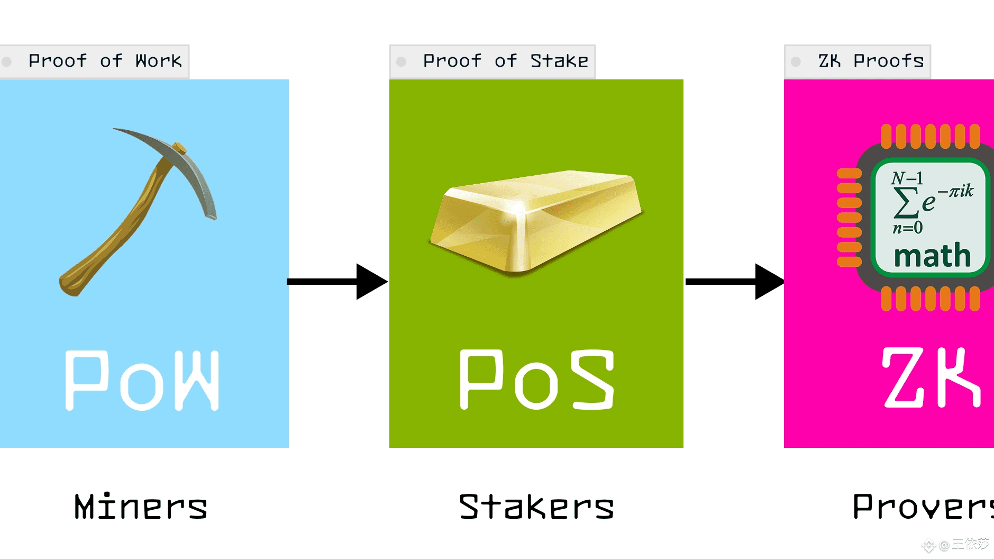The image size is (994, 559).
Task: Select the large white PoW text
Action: (x=142, y=380)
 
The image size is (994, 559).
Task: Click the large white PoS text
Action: (x=537, y=380)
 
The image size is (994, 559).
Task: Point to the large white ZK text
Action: (x=931, y=377)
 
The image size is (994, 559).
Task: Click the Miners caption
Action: (x=141, y=507)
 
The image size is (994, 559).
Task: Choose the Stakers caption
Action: (x=536, y=507)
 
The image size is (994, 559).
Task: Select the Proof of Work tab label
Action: (x=105, y=61)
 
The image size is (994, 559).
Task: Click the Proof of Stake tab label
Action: (x=505, y=61)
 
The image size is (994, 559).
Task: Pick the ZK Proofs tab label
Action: (x=871, y=61)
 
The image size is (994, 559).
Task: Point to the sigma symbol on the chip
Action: (x=905, y=203)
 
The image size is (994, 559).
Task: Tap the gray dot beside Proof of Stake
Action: (x=401, y=62)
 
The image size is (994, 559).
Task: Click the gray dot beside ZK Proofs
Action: (x=796, y=62)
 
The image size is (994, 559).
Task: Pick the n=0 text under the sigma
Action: (x=908, y=228)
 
